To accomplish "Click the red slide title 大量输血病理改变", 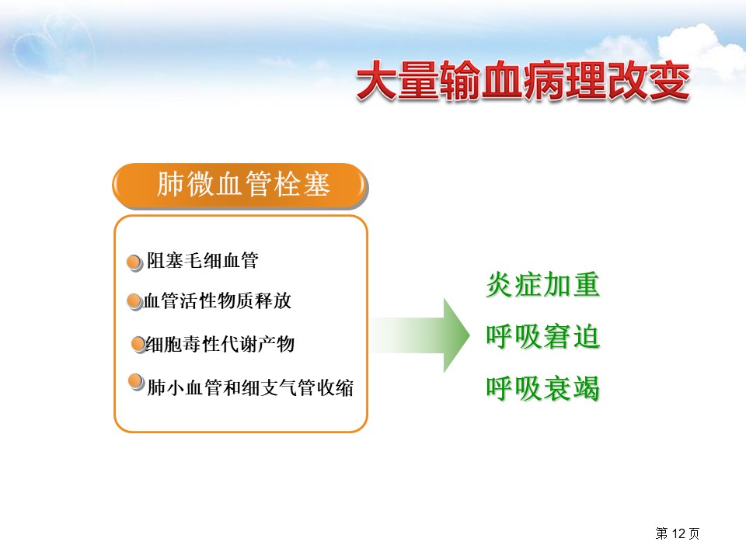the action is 523,81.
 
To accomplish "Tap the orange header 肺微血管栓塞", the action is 240,186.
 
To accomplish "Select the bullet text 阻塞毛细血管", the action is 203,261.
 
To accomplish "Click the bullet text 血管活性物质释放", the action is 217,301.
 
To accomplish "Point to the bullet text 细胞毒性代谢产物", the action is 220,344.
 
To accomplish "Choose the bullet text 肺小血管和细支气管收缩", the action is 250,387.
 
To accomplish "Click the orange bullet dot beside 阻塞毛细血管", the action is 134,262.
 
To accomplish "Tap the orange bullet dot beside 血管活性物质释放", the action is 134,301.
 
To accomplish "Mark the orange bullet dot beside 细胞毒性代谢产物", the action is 139,344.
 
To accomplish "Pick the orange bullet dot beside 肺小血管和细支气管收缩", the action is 137,382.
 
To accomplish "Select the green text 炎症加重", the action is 543,285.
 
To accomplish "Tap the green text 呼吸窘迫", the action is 543,336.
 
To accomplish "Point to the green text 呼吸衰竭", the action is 543,388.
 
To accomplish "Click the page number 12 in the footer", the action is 678,533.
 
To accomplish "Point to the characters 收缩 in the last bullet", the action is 336,387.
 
